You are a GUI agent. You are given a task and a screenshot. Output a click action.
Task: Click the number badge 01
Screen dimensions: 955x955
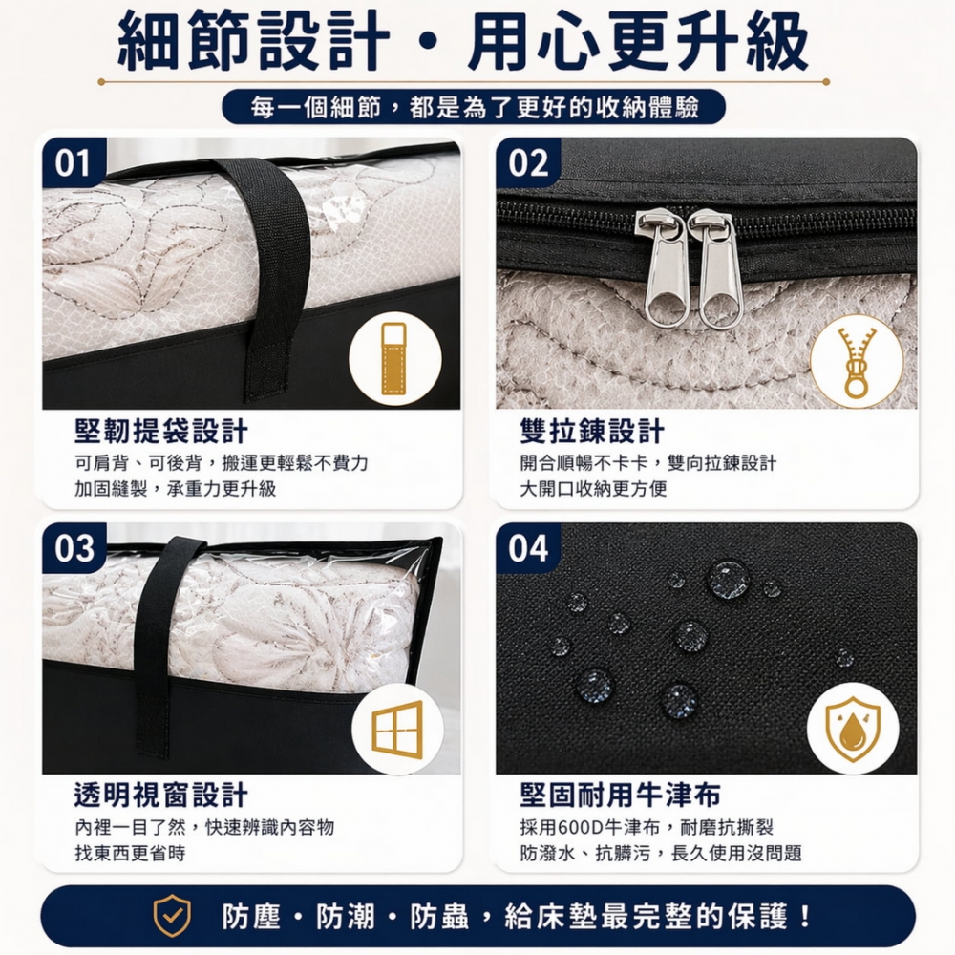pyautogui.click(x=74, y=162)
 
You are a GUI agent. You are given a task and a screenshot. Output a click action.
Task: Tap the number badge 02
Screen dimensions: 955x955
pyautogui.click(x=528, y=162)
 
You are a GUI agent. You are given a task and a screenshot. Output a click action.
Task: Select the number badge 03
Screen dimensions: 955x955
pyautogui.click(x=74, y=548)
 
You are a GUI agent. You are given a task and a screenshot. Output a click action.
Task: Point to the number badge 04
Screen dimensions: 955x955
pyautogui.click(x=528, y=548)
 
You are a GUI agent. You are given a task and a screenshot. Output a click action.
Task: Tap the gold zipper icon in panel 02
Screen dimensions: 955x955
pyautogui.click(x=856, y=362)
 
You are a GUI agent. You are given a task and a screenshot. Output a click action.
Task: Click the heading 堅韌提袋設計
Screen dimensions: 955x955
pyautogui.click(x=161, y=431)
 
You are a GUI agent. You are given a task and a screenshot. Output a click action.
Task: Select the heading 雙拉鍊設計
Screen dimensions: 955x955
pyautogui.click(x=592, y=431)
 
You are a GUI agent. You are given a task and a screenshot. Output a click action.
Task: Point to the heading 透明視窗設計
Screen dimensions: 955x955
pyautogui.click(x=161, y=794)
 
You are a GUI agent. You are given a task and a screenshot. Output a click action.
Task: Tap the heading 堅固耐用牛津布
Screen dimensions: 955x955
pyautogui.click(x=620, y=794)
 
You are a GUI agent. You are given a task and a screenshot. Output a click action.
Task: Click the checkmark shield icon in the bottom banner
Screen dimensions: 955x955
pyautogui.click(x=173, y=916)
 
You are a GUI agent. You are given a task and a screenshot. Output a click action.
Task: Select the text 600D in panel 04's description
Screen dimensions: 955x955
pyautogui.click(x=584, y=827)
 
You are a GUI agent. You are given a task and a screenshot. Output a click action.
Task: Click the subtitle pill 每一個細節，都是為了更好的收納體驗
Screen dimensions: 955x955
pyautogui.click(x=474, y=107)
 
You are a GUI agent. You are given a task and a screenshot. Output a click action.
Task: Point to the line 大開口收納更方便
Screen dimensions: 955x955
pyautogui.click(x=593, y=489)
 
